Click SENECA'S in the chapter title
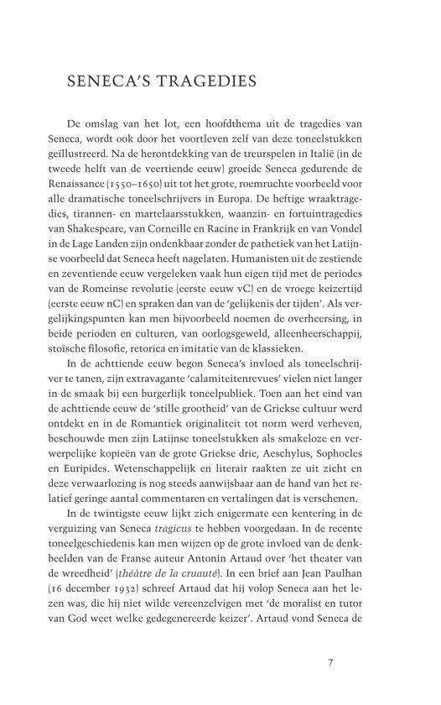pos(104,82)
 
